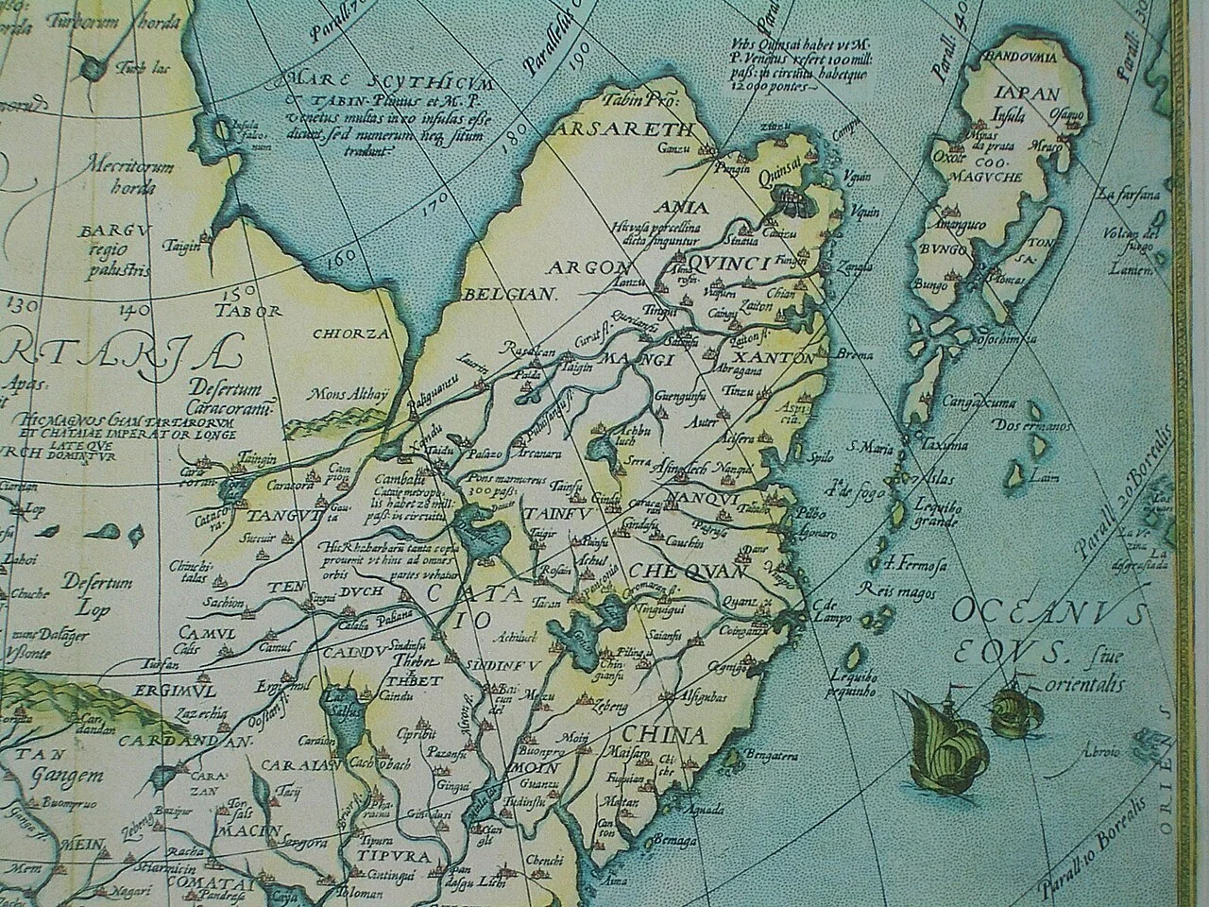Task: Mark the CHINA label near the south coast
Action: pos(663,735)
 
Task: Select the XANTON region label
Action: pos(770,358)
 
